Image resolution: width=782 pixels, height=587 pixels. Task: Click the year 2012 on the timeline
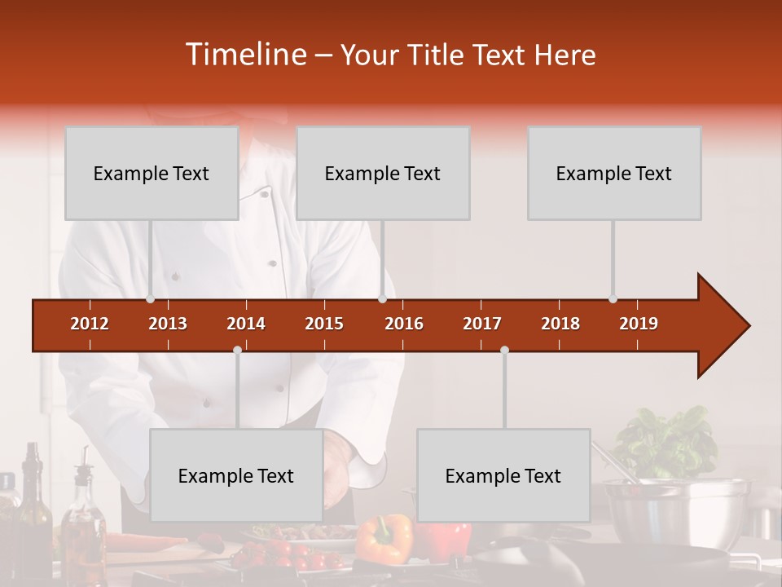click(90, 324)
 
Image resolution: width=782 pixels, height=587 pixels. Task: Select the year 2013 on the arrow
click(168, 324)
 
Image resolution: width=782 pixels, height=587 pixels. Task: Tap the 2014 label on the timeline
click(246, 324)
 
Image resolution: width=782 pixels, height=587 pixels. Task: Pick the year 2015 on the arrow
click(324, 324)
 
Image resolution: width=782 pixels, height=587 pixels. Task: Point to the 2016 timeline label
click(404, 324)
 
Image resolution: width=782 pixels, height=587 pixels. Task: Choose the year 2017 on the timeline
click(482, 324)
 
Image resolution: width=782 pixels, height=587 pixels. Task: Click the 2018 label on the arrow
click(560, 324)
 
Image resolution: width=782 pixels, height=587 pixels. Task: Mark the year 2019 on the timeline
click(639, 324)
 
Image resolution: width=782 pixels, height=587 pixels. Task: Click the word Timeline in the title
click(244, 55)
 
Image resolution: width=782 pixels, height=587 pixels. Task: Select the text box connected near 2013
click(152, 173)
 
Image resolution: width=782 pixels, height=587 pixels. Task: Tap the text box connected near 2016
click(383, 173)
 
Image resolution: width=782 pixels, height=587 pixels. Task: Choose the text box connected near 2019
click(614, 173)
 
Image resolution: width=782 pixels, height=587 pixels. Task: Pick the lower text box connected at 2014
click(236, 475)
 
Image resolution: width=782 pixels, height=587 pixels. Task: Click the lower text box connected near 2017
click(503, 475)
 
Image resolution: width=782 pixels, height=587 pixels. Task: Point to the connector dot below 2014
click(237, 350)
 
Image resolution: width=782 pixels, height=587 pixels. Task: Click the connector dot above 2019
click(613, 299)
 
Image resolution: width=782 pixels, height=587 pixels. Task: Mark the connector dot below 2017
click(504, 350)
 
